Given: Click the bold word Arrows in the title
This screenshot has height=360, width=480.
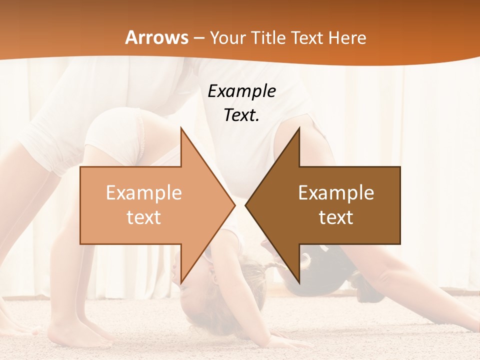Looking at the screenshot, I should click(x=157, y=37).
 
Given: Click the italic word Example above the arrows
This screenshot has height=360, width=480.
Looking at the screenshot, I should click(x=241, y=91).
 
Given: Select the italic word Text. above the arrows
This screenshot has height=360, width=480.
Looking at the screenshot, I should click(x=241, y=115).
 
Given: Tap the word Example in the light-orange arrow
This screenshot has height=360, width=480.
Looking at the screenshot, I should click(x=144, y=193).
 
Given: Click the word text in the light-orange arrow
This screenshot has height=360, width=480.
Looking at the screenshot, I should click(x=144, y=217).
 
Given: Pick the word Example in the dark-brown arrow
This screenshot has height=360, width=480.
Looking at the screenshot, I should click(x=336, y=193).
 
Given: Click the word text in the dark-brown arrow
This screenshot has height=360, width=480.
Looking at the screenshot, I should click(x=336, y=217).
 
